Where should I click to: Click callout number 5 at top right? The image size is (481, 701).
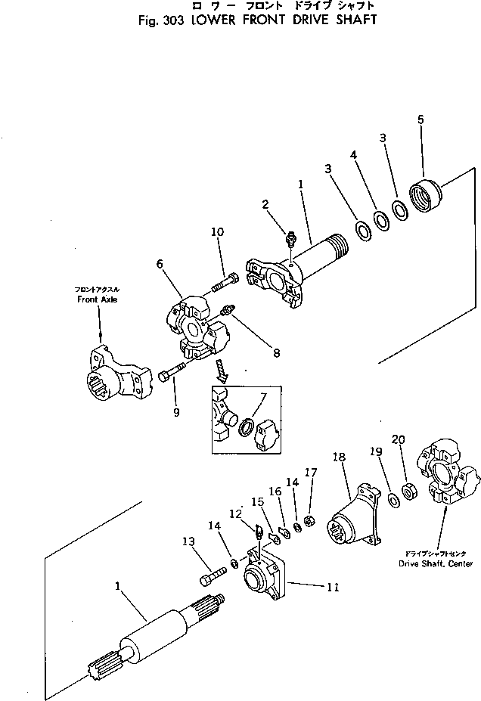click(x=420, y=119)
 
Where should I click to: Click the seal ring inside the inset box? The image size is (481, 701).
click(x=247, y=430)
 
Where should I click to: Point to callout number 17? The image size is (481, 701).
click(x=310, y=473)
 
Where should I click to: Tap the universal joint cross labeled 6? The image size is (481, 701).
click(x=197, y=330)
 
